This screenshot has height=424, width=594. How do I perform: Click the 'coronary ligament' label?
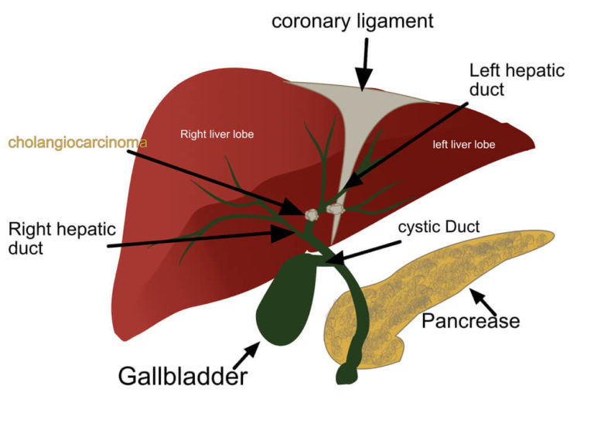click(352, 21)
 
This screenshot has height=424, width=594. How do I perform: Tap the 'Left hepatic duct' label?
click(517, 80)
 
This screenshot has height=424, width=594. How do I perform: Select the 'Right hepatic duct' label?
click(62, 238)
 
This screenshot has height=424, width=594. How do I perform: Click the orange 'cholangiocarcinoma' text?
click(77, 142)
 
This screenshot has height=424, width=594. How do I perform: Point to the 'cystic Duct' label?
click(439, 227)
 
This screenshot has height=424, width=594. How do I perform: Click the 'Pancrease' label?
click(470, 320)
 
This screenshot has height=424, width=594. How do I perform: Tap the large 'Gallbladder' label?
click(183, 376)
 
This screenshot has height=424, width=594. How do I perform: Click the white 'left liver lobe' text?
click(463, 144)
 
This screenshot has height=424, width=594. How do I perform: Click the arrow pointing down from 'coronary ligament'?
click(364, 62)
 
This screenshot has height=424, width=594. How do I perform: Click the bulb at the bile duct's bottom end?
click(346, 375)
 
